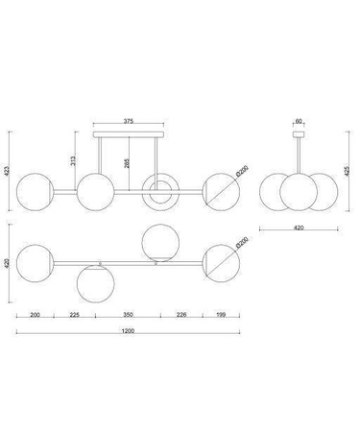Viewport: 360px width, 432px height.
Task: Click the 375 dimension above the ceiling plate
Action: [129, 121]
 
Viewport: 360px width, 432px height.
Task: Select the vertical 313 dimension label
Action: [73, 160]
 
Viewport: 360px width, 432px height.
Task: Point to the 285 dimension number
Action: [126, 163]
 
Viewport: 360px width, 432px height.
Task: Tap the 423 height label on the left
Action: [7, 171]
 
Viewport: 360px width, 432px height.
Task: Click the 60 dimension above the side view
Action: [299, 121]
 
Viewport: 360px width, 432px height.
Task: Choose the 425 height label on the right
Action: [346, 171]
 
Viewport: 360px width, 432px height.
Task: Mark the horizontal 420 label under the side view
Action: [299, 228]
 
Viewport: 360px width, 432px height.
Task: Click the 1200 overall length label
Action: [128, 331]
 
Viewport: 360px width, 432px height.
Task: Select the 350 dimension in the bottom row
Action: [128, 315]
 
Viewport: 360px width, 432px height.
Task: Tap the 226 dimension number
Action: [181, 315]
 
